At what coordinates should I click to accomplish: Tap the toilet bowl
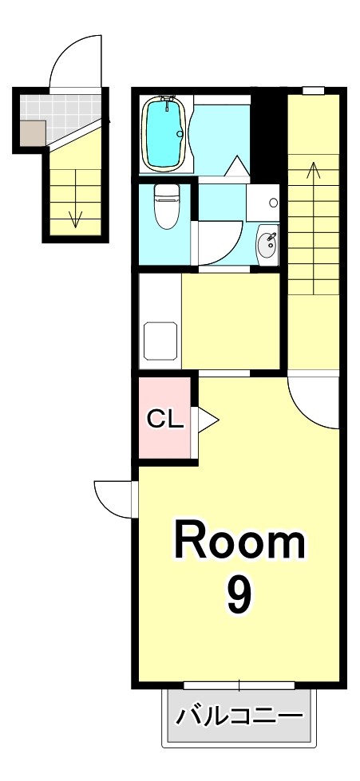coord(166,208)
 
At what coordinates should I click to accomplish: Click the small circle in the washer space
coord(273,203)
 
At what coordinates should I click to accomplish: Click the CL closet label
coord(165,418)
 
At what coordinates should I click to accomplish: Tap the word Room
coord(239,542)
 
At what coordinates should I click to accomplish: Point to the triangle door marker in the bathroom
coord(237,167)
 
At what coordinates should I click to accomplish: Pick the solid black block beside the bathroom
coord(268,132)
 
